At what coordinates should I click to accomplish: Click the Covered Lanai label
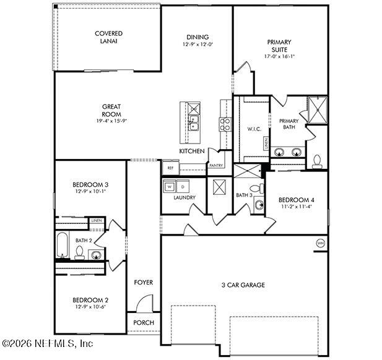(108, 37)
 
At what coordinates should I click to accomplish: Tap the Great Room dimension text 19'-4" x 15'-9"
(111, 122)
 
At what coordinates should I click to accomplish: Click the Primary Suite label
(279, 46)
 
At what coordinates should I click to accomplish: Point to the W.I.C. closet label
(253, 129)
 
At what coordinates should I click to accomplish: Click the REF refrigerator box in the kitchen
(170, 167)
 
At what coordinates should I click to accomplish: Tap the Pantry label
(216, 166)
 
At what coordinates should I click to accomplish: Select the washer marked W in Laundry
(169, 186)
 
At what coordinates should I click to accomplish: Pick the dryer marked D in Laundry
(183, 186)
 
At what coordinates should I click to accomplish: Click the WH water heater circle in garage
(320, 242)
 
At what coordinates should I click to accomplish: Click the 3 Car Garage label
(243, 285)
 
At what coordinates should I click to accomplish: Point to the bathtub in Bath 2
(63, 245)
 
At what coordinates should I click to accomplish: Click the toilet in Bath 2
(79, 252)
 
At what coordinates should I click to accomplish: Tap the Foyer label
(144, 283)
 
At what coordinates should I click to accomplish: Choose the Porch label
(144, 323)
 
